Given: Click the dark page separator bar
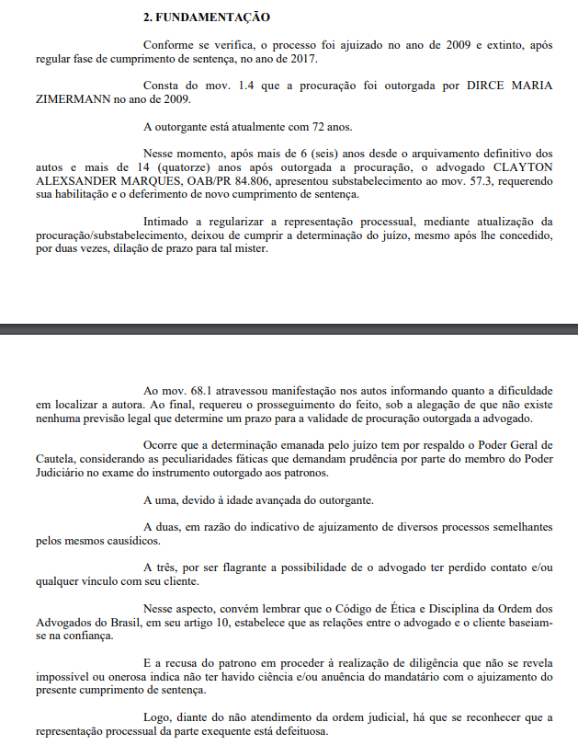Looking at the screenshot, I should tap(289, 327).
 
